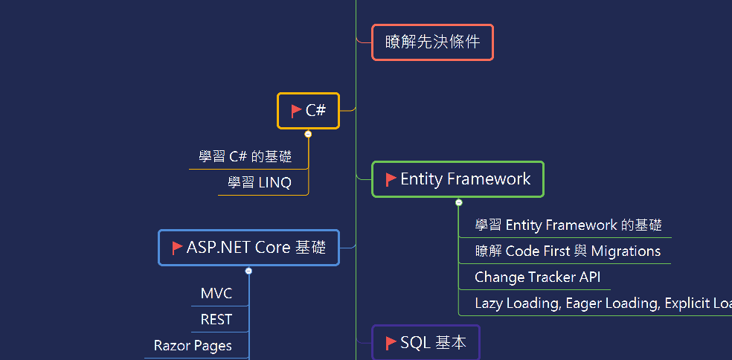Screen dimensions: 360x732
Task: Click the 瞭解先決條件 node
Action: [432, 42]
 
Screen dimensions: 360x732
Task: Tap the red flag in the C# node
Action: [296, 111]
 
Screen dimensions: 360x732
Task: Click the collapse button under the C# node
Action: [308, 134]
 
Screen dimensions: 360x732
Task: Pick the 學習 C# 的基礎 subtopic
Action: [245, 157]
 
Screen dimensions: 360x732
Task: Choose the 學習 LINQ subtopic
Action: [260, 183]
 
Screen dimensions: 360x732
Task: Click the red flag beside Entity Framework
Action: [391, 179]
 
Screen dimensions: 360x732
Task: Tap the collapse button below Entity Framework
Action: [459, 202]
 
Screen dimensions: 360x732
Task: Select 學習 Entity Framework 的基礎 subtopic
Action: [568, 225]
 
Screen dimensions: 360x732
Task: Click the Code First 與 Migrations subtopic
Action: [568, 251]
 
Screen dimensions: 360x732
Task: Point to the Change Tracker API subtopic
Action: [537, 277]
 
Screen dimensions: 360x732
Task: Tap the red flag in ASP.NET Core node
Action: [177, 248]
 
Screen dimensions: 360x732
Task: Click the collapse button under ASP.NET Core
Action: [248, 271]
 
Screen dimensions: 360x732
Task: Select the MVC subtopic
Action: [216, 294]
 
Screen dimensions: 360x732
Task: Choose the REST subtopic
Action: [216, 320]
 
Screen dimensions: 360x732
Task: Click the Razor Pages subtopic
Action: [193, 346]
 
